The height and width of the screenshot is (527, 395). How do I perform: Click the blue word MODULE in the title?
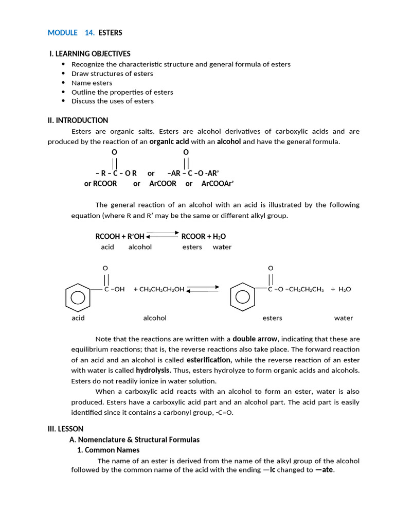(x=62, y=33)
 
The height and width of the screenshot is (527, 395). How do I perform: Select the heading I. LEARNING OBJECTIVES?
(x=89, y=54)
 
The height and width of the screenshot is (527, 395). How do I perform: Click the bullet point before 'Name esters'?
(x=63, y=83)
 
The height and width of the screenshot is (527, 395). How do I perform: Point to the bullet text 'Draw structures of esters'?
(x=112, y=74)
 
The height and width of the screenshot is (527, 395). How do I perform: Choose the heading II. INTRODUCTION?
(x=78, y=120)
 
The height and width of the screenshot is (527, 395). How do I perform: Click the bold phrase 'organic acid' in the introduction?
(x=169, y=142)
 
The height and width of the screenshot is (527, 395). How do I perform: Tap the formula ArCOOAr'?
(x=218, y=184)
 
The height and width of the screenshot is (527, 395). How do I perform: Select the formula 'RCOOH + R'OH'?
(x=120, y=237)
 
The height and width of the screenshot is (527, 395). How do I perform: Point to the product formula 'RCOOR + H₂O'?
(x=204, y=237)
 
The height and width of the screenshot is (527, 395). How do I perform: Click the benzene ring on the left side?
(x=78, y=297)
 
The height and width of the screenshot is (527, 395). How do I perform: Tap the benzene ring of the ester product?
(x=242, y=297)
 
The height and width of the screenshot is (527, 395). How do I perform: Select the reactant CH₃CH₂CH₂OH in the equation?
(x=159, y=289)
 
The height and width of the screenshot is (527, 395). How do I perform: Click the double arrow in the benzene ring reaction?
(x=203, y=289)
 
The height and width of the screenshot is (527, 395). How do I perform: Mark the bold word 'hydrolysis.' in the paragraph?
(x=153, y=371)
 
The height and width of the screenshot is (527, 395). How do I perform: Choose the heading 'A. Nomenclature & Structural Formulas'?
(x=134, y=440)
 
